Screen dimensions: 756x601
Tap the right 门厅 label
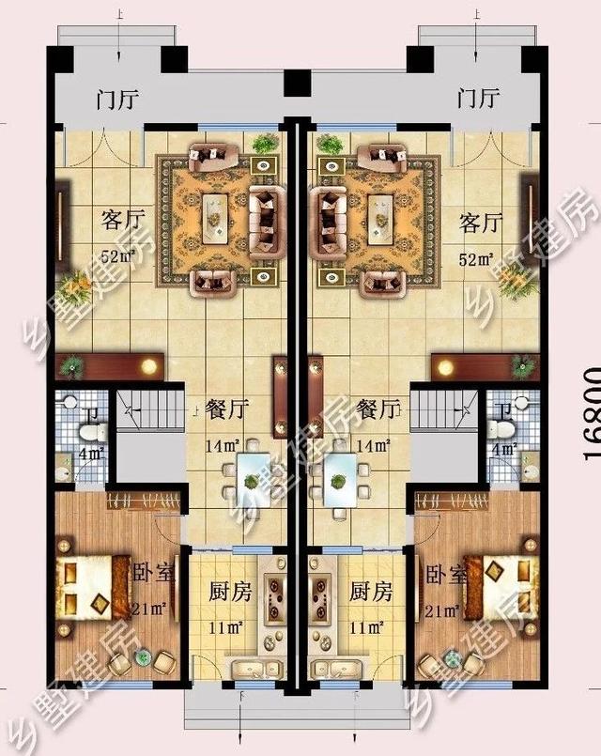click(477, 98)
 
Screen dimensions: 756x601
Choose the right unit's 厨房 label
click(371, 593)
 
